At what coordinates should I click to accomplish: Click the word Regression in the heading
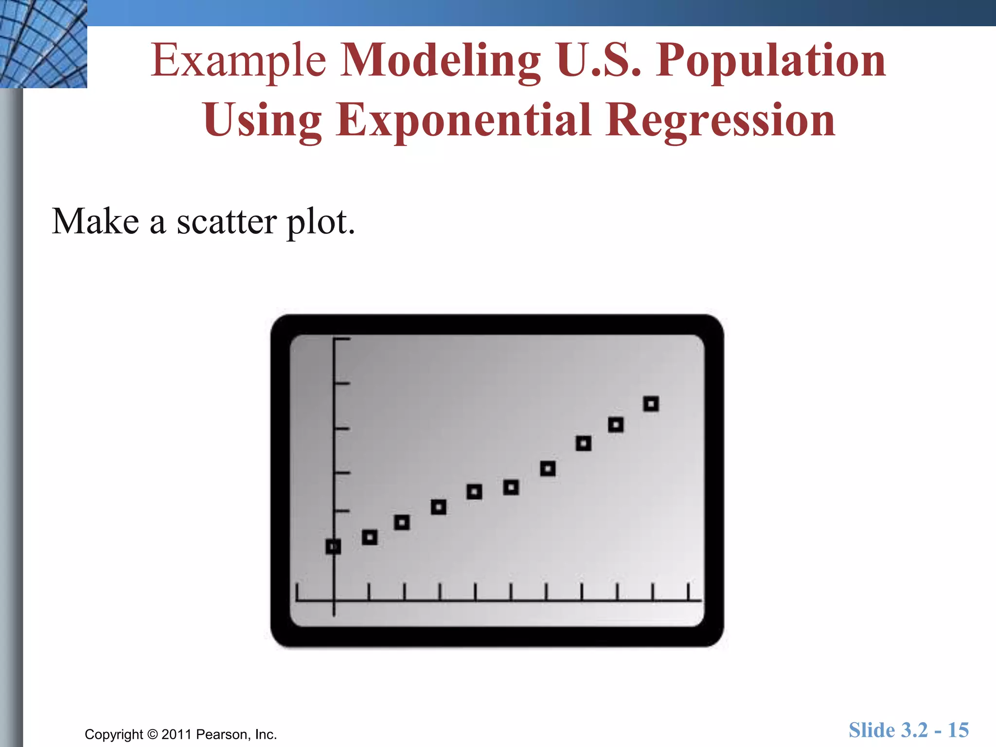pyautogui.click(x=720, y=120)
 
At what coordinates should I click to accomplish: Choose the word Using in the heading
pyautogui.click(x=263, y=120)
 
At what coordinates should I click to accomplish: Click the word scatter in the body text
pyautogui.click(x=227, y=222)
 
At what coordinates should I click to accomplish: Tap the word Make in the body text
pyautogui.click(x=96, y=222)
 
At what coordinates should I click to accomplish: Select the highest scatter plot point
pyautogui.click(x=651, y=404)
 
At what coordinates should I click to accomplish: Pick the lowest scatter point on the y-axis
pyautogui.click(x=333, y=547)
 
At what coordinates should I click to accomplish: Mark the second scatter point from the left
pyautogui.click(x=370, y=537)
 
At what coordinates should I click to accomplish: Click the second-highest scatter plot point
pyautogui.click(x=616, y=425)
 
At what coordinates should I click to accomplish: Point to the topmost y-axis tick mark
pyautogui.click(x=342, y=339)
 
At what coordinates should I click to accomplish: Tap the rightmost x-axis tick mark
pyautogui.click(x=688, y=592)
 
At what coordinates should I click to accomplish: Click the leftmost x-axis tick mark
pyautogui.click(x=297, y=592)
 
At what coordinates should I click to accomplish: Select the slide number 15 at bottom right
pyautogui.click(x=958, y=730)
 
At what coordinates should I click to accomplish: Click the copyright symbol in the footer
pyautogui.click(x=153, y=734)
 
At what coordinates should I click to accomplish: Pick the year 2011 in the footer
pyautogui.click(x=176, y=734)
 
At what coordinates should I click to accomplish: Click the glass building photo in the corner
pyautogui.click(x=43, y=44)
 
